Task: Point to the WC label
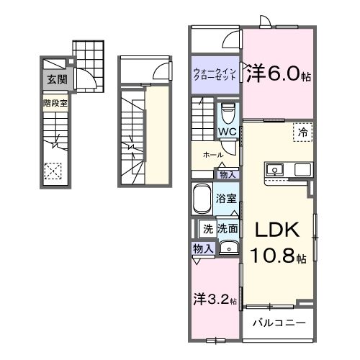[x=228, y=132]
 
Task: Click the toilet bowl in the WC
[x=227, y=114]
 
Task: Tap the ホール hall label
[x=212, y=155]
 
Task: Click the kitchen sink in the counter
[x=274, y=171]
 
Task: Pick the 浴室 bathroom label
[x=228, y=198]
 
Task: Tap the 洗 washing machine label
[x=207, y=230]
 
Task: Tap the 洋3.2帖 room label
[x=215, y=300]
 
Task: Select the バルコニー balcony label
[x=279, y=322]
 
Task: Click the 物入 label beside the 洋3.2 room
[x=202, y=248]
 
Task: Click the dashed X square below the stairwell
[x=53, y=171]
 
